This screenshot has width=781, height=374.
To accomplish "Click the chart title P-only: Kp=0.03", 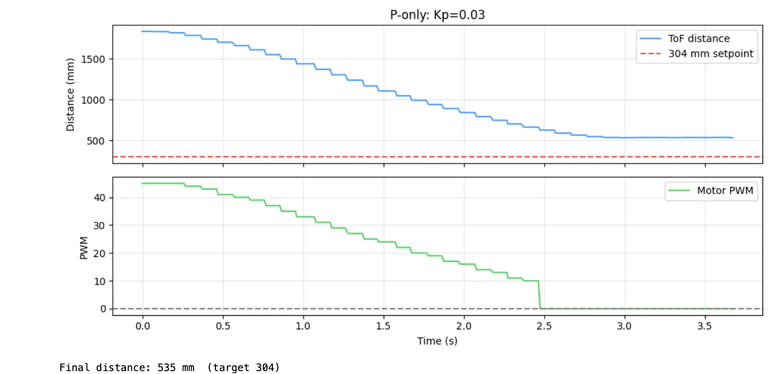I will point(437,15).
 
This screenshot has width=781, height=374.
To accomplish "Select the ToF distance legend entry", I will point(698,38).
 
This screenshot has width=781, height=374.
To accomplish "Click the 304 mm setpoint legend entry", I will point(710,53).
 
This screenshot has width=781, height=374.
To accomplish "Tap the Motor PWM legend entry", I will point(725,190).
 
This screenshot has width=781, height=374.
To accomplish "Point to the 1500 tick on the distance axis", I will point(93,59).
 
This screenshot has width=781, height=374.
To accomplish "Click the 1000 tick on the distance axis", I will point(93,100).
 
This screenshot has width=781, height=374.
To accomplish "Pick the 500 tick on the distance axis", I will point(96,141).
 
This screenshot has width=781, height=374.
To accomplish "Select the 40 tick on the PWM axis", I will point(99,198).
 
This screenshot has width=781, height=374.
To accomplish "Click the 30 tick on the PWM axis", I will point(99,225).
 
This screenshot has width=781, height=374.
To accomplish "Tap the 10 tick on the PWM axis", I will point(99,281).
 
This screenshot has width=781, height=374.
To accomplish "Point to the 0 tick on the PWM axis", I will point(103,309).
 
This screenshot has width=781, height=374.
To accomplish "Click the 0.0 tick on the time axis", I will point(142,326).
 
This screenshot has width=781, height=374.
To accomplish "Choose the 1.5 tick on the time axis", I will point(383,326).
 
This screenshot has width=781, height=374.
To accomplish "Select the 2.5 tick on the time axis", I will point(544,326).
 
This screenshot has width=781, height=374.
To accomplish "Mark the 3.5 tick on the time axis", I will point(705,326).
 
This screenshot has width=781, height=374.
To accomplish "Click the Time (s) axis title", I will point(437,341).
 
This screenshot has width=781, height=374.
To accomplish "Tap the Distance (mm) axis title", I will point(71,95).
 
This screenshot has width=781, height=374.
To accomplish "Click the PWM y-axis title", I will point(84,248).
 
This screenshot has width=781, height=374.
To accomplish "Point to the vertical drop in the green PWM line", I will point(539,295).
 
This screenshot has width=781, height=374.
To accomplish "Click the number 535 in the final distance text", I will point(166,368).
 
